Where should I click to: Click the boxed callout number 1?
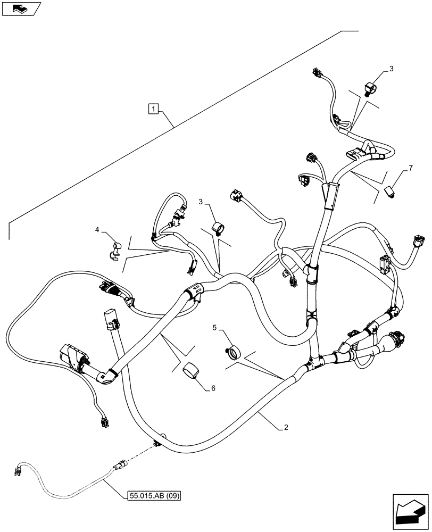pyautogui.click(x=153, y=110)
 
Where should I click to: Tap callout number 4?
pyautogui.click(x=97, y=230)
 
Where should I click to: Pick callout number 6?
pyautogui.click(x=213, y=389)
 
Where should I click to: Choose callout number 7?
pyautogui.click(x=410, y=169)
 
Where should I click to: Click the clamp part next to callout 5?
pyautogui.click(x=233, y=353)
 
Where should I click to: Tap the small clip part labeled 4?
pyautogui.click(x=115, y=250)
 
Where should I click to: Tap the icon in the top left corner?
pyautogui.click(x=21, y=9)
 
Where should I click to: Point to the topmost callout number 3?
pyautogui.click(x=391, y=69)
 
